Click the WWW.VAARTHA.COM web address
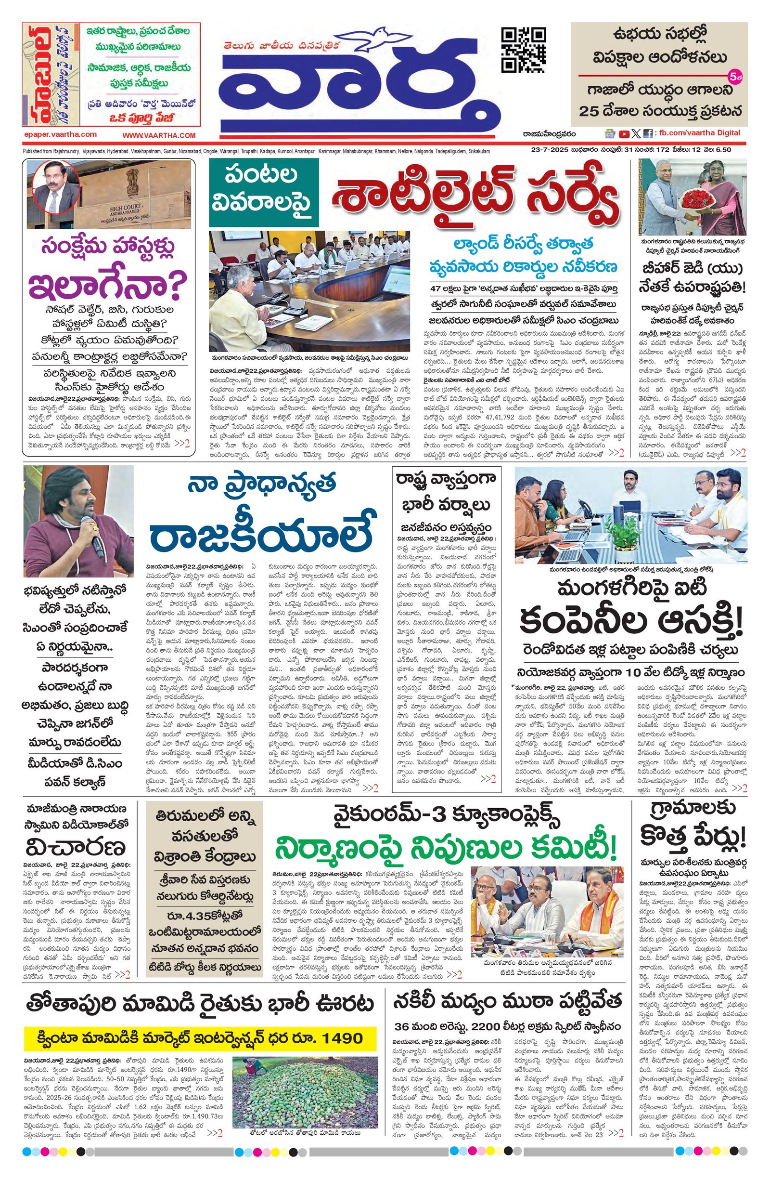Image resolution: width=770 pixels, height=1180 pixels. [159, 135]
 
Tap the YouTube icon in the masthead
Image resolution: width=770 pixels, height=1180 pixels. [624, 133]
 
